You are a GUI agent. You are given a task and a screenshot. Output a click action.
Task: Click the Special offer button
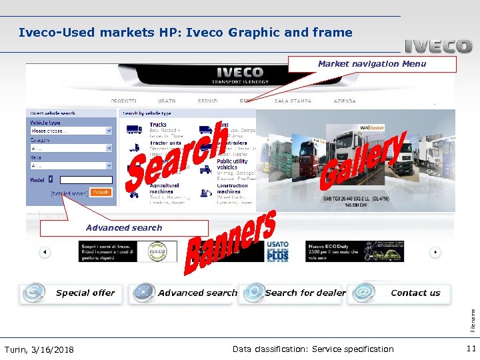point(71,293)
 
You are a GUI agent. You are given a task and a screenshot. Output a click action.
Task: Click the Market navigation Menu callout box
point(372,64)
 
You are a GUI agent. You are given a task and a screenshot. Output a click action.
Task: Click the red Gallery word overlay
point(364,159)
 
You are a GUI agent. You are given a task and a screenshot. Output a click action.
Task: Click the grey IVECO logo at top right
point(438,47)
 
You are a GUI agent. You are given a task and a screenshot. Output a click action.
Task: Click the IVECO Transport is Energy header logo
point(240,75)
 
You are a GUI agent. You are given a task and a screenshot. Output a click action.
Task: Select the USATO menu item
point(167,101)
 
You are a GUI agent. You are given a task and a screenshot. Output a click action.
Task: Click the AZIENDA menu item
point(344,101)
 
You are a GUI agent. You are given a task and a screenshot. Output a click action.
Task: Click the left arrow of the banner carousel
point(45,253)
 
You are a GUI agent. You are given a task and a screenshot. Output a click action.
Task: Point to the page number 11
point(471,349)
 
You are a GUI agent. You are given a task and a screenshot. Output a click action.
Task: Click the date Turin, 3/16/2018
point(39,349)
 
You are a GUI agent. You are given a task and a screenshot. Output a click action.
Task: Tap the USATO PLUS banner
point(277,251)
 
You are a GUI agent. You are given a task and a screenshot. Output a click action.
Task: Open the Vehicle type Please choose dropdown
point(70,131)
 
